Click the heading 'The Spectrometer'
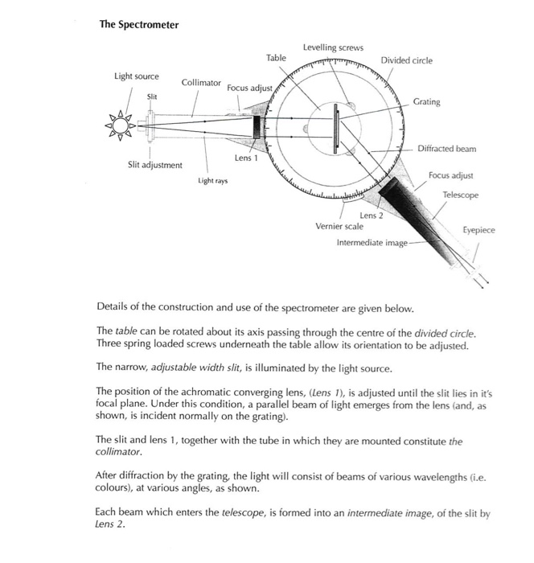click(138, 24)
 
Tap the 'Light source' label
click(136, 76)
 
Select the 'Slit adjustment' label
click(155, 165)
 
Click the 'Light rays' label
click(212, 182)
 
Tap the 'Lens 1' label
click(246, 158)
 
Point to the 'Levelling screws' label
click(333, 47)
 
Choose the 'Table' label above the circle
click(276, 58)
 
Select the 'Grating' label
click(426, 102)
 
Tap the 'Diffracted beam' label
click(447, 149)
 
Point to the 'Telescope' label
click(460, 195)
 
